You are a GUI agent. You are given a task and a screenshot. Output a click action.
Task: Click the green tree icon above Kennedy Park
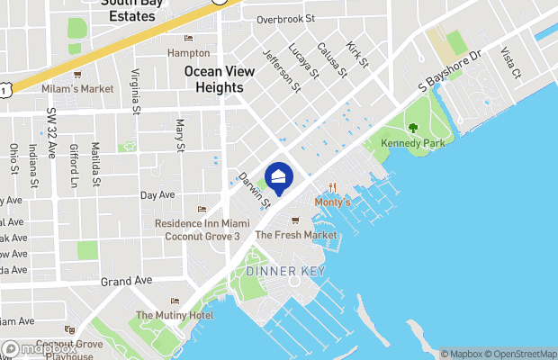pyautogui.click(x=413, y=129)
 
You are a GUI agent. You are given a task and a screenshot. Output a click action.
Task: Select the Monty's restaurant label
pyautogui.click(x=331, y=202)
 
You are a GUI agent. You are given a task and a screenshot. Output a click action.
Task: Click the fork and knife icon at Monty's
pyautogui.click(x=332, y=188)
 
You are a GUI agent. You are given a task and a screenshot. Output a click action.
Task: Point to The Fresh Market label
pyautogui.click(x=296, y=235)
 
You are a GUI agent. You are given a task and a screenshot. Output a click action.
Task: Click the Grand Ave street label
pyautogui.click(x=125, y=281)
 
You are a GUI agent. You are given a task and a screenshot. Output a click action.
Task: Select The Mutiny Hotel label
pyautogui.click(x=175, y=315)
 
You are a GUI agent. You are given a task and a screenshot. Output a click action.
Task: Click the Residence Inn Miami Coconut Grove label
pyautogui.click(x=202, y=229)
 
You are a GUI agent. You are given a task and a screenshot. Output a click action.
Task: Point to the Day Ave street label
pyautogui.click(x=157, y=194)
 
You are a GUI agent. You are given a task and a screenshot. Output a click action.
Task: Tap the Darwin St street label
pyautogui.click(x=255, y=191)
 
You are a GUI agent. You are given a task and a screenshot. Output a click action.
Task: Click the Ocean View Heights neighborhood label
pyautogui.click(x=214, y=79)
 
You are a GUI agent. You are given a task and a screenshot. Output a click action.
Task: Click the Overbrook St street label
pyautogui.click(x=284, y=18)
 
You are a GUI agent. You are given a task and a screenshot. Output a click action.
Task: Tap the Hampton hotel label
pyautogui.click(x=188, y=52)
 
